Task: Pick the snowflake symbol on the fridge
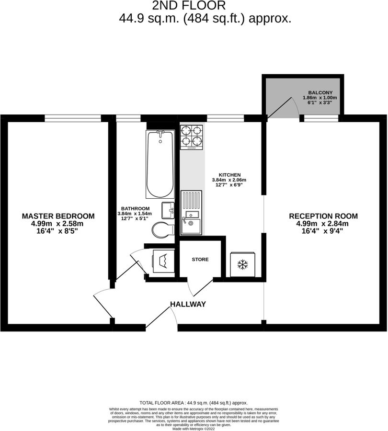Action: pyautogui.click(x=243, y=264)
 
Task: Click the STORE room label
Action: pyautogui.click(x=200, y=260)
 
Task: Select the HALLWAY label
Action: pyautogui.click(x=188, y=304)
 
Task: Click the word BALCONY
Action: pyautogui.click(x=320, y=92)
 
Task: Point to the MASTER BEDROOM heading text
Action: pyautogui.click(x=58, y=216)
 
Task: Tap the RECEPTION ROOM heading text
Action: pyautogui.click(x=323, y=216)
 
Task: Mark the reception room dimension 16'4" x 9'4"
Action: pyautogui.click(x=323, y=231)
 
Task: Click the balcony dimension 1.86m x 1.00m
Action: pyautogui.click(x=320, y=98)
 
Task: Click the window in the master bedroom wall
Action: pyautogui.click(x=73, y=117)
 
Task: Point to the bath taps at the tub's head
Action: pyautogui.click(x=160, y=132)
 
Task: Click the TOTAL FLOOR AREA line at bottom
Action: pyautogui.click(x=194, y=403)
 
